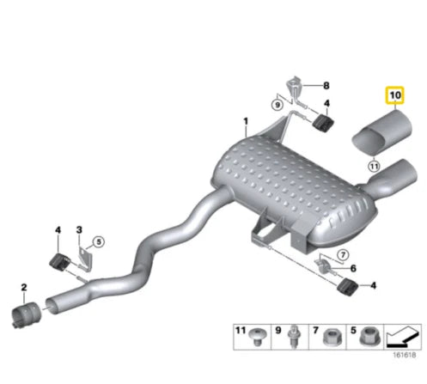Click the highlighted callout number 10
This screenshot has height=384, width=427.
(395, 95)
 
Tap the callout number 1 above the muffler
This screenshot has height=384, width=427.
(246, 122)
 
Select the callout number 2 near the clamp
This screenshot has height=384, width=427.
(24, 287)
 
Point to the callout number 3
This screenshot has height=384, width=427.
(79, 229)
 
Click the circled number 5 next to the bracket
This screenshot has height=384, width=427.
(99, 242)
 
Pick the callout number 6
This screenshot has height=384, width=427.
(353, 268)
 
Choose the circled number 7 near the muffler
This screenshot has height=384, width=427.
(343, 254)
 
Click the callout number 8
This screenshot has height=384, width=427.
(326, 85)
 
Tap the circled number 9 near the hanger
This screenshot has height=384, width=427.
(278, 105)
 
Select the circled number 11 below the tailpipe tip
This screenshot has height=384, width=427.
(374, 166)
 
